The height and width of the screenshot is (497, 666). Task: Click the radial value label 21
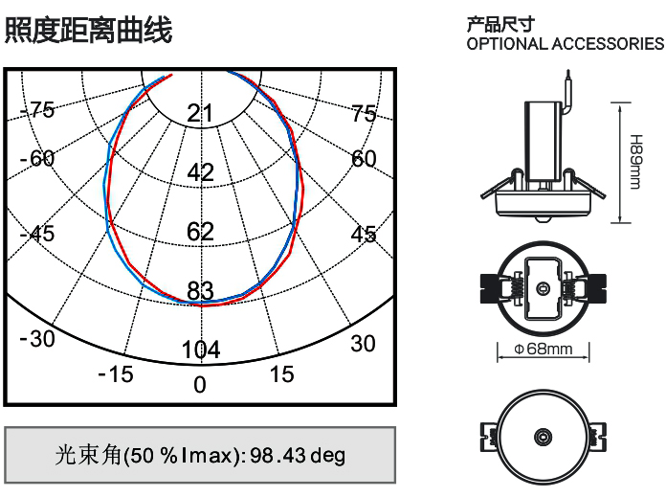point(200,114)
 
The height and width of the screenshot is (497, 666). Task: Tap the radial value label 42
point(200,172)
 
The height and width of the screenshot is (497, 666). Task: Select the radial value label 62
point(200,232)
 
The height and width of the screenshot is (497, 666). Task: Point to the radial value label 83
point(200,291)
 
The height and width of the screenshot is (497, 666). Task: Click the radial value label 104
point(201,350)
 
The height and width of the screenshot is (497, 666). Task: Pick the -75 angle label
point(37,110)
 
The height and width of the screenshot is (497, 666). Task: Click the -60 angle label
point(37,159)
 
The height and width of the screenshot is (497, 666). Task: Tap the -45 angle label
point(37,234)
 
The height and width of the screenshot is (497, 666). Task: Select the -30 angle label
point(37,339)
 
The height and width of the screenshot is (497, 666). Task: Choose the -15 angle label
point(116,374)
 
